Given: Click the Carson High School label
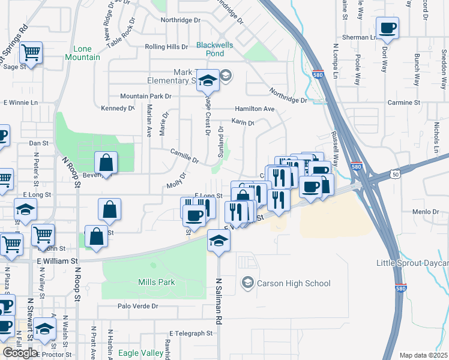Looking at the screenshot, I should coord(294,283).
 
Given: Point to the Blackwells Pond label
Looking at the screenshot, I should coord(210,49).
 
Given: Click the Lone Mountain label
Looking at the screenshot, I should coord(86,53).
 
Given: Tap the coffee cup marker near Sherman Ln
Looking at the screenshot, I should coord(387,28).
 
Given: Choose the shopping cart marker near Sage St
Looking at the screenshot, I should coord(30,52).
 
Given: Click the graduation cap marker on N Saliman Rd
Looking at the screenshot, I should coord(218,241).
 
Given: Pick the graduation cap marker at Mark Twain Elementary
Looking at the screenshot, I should coord(208,80).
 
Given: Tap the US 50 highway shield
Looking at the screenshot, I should coord(395,174).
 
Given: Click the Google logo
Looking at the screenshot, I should coord(20,353).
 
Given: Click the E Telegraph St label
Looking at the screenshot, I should coord(191,333).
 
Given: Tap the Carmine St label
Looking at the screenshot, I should coord(403,103).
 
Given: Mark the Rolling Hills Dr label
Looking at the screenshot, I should coord(166,47).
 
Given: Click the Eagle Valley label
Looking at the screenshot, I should coord(140,353).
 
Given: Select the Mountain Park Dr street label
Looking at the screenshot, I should coord(146,96).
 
